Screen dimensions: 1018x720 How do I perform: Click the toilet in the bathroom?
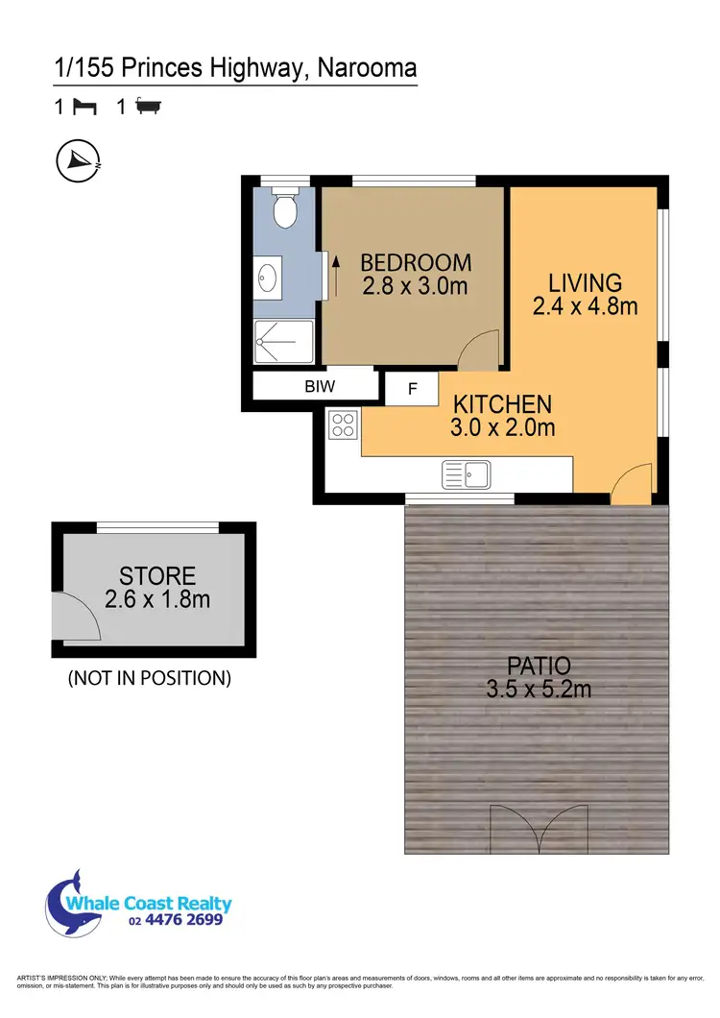click(284, 210)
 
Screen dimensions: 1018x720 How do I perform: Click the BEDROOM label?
click(416, 262)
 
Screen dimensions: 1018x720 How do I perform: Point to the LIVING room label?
click(585, 283)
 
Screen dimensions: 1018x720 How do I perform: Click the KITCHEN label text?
click(502, 404)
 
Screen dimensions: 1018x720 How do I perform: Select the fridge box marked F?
click(413, 389)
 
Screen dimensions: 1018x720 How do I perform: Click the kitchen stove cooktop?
click(342, 424)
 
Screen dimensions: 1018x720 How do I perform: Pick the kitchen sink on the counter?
click(467, 473)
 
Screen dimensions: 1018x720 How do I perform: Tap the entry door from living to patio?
click(631, 485)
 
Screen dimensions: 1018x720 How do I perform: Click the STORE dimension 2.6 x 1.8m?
click(156, 600)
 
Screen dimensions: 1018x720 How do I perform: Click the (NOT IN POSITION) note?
click(149, 678)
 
